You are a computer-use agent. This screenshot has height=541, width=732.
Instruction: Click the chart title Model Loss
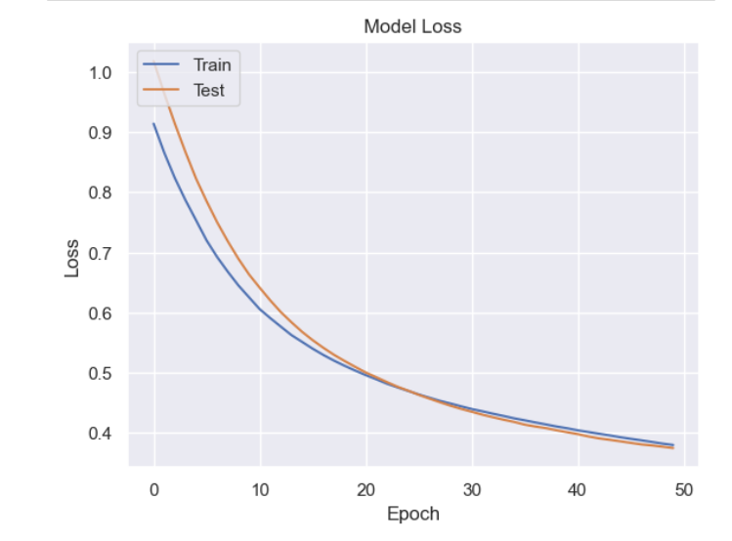point(412,27)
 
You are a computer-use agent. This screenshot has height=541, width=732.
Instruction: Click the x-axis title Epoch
point(412,514)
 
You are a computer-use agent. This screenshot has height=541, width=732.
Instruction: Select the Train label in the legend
point(211,65)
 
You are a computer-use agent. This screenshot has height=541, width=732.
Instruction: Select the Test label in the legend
point(208,91)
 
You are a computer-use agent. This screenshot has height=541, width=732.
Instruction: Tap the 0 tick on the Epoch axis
point(154,487)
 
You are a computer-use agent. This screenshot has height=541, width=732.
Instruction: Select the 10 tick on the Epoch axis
point(260,487)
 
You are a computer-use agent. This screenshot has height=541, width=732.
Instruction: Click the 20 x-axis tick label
point(366,487)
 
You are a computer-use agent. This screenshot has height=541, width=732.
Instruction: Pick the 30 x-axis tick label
point(472,487)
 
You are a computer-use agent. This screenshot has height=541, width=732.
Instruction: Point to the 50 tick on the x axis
point(684,487)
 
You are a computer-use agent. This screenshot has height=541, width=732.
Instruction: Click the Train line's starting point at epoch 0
point(154,124)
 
